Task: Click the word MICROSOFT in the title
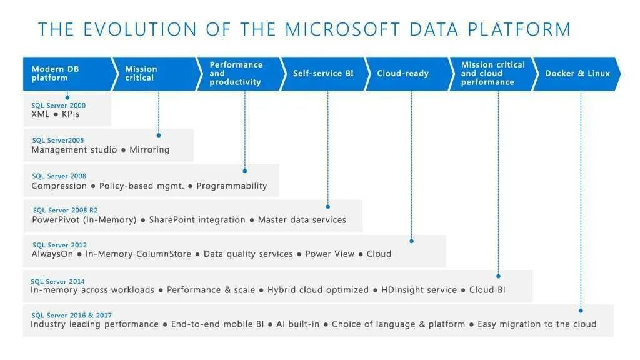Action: [342, 29]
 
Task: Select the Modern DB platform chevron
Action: [66, 74]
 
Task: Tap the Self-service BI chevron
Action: [323, 74]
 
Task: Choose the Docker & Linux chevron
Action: [577, 74]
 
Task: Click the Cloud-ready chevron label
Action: [402, 74]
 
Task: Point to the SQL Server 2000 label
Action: [59, 106]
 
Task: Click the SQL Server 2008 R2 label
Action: [65, 211]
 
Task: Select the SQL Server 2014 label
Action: [58, 281]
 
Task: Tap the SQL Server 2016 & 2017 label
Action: [72, 316]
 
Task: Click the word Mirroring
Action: [149, 150]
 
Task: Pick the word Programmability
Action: [231, 186]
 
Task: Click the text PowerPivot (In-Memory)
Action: [84, 220]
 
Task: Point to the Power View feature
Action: [329, 254]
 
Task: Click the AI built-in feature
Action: [298, 324]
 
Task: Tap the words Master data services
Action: [302, 220]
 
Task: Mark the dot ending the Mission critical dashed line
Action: [159, 135]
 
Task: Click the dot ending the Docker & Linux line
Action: [581, 310]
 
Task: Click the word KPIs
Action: [71, 114]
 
